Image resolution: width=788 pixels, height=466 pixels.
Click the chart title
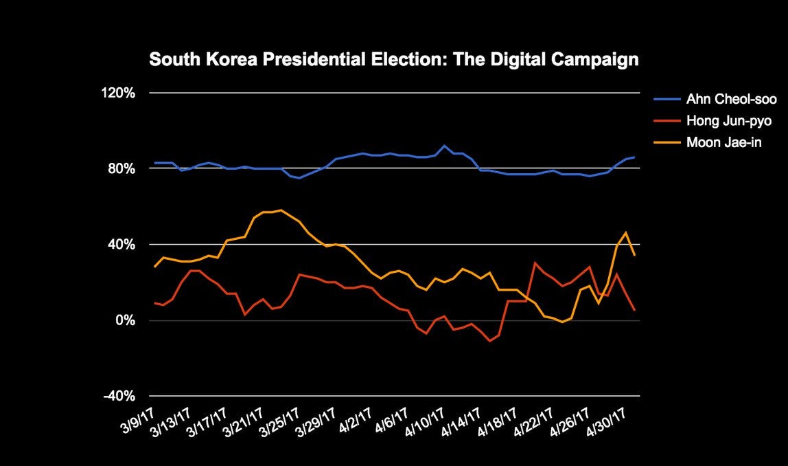point(394,60)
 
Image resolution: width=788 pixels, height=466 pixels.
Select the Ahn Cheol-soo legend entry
point(731,100)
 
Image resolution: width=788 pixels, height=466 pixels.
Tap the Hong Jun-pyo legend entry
point(729,121)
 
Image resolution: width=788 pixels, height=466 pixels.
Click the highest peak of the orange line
point(281,210)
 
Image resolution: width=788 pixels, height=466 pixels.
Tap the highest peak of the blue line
point(445,146)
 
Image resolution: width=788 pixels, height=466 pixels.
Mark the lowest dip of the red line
point(489,341)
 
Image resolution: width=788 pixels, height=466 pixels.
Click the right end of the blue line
point(634,157)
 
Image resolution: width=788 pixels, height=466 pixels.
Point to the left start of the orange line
point(155,267)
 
